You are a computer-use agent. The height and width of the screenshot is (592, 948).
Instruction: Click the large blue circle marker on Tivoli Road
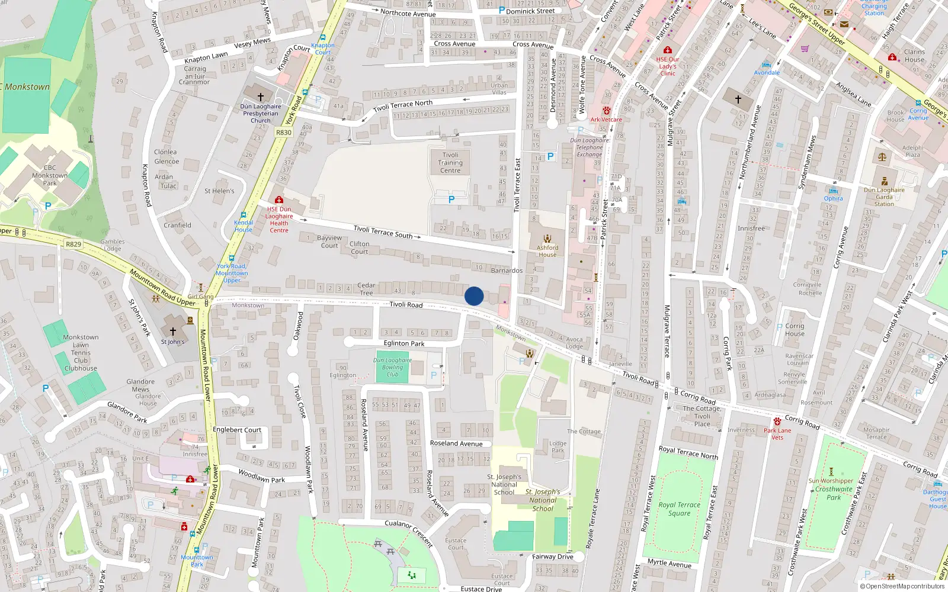[474, 296]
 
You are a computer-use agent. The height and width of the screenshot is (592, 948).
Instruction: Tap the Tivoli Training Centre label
[450, 163]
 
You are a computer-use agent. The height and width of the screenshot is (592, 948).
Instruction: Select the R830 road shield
[284, 133]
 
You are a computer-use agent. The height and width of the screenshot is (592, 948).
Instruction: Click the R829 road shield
[73, 244]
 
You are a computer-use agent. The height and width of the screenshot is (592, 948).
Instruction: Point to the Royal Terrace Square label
[680, 509]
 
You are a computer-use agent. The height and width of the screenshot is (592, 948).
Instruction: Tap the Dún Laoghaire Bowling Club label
[392, 367]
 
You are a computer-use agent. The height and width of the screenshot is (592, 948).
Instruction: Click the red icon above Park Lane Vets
[777, 422]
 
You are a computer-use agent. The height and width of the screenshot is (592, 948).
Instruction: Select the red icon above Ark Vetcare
[606, 111]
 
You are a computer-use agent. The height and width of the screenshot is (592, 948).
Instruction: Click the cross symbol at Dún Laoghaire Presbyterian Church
[260, 96]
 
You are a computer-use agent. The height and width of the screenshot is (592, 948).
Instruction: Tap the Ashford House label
[547, 251]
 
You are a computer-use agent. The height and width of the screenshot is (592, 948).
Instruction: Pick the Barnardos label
[507, 271]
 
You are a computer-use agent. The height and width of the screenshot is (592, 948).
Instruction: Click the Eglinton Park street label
[404, 343]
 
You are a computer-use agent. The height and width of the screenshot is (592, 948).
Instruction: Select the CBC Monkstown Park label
[50, 175]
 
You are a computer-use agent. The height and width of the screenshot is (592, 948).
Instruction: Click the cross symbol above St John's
[173, 332]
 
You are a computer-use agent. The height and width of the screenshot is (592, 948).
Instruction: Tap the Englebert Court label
[237, 430]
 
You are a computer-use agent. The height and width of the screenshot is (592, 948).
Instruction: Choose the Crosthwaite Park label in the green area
[834, 493]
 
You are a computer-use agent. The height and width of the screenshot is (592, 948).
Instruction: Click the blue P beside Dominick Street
[502, 10]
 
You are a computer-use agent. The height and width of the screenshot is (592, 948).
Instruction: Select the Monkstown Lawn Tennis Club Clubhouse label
[81, 353]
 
